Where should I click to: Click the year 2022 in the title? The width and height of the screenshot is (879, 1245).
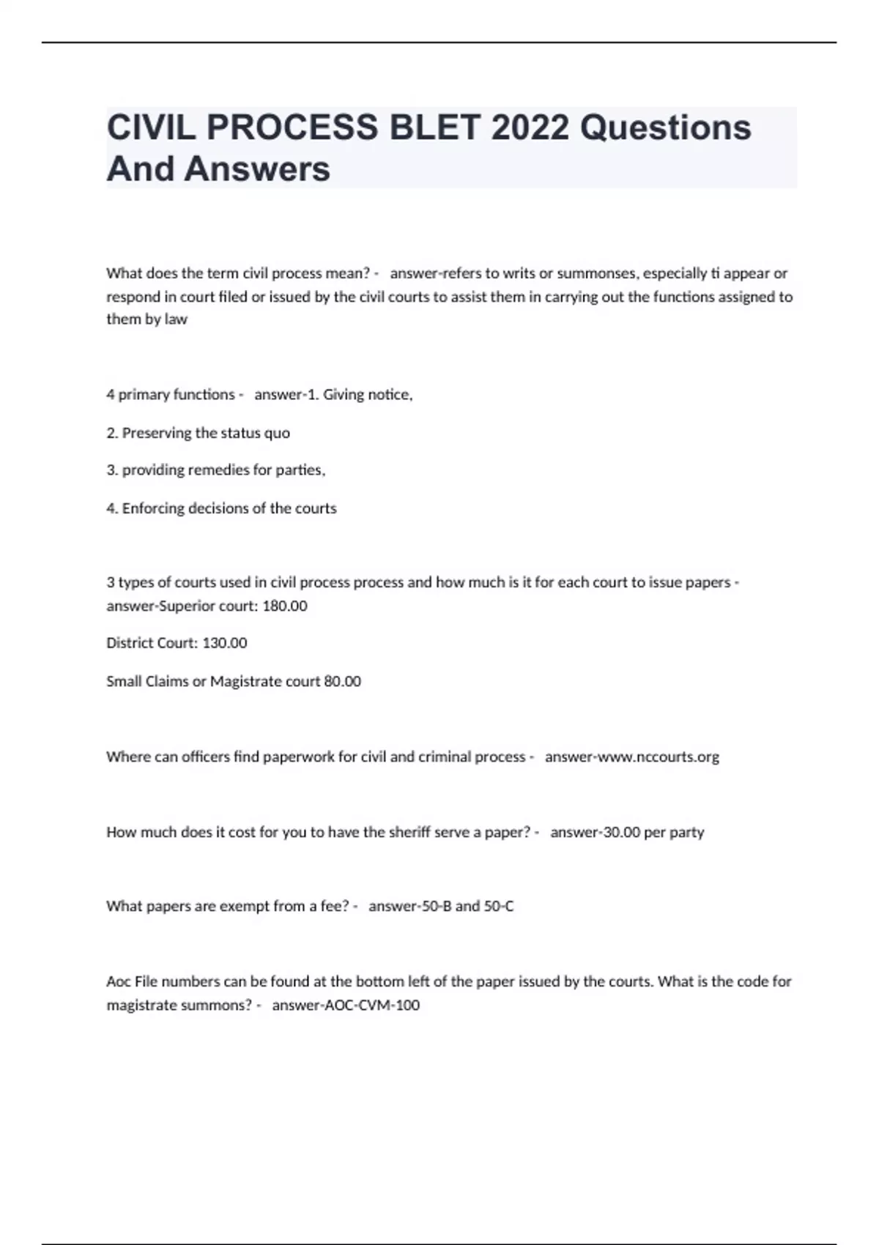pyautogui.click(x=530, y=127)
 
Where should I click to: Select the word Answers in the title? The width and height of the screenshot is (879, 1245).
pyautogui.click(x=257, y=168)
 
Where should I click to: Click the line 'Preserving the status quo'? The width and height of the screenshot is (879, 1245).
pyautogui.click(x=206, y=433)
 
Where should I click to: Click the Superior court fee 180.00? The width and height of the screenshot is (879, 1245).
pyautogui.click(x=284, y=606)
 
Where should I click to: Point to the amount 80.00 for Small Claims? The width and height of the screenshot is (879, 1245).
pyautogui.click(x=342, y=681)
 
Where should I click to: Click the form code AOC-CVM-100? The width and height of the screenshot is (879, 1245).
pyautogui.click(x=371, y=1005)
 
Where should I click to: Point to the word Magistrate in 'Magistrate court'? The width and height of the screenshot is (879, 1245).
pyautogui.click(x=245, y=681)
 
